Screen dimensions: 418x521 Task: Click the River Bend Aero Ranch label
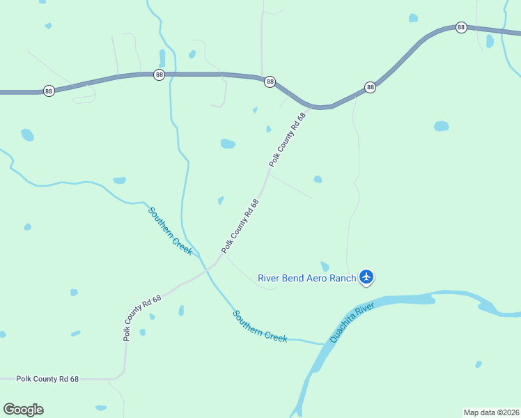coord(306,278)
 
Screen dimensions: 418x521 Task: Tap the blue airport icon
coord(366,277)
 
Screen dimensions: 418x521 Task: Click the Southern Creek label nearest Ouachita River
coord(260,326)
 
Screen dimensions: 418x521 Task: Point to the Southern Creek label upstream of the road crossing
coord(170,231)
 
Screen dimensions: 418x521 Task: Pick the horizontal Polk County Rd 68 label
coord(39,379)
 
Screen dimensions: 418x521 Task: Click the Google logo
coord(23,410)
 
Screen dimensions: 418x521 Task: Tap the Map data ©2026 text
coord(492,412)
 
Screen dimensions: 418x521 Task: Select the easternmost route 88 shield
coord(461,27)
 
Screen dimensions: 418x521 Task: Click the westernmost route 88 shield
coord(49,91)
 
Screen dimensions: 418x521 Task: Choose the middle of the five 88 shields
coord(270,82)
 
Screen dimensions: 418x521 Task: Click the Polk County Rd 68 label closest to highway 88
coord(288,139)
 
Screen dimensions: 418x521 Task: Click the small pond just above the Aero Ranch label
coord(325,266)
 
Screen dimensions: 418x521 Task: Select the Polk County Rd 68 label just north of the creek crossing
coord(240,226)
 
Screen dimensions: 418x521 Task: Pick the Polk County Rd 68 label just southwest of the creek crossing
coord(143,317)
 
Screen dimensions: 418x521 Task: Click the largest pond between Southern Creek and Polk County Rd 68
coord(228,144)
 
